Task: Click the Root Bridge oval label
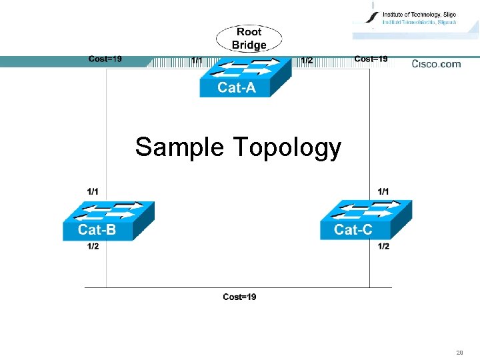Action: (249, 38)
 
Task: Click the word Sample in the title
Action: (179, 147)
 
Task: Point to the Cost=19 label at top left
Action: (105, 59)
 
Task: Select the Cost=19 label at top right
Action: (371, 59)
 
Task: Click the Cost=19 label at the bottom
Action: (239, 297)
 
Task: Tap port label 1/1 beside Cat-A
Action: (197, 61)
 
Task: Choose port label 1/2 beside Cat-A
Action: (307, 61)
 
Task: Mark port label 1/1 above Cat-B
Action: (93, 191)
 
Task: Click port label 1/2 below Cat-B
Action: (93, 247)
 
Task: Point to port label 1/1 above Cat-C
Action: (383, 191)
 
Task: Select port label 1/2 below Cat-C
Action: (383, 247)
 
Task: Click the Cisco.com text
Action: (436, 64)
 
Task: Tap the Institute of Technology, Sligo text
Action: (419, 14)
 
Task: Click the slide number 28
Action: (459, 352)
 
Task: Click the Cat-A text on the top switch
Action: (236, 87)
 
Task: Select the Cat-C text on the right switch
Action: (353, 230)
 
